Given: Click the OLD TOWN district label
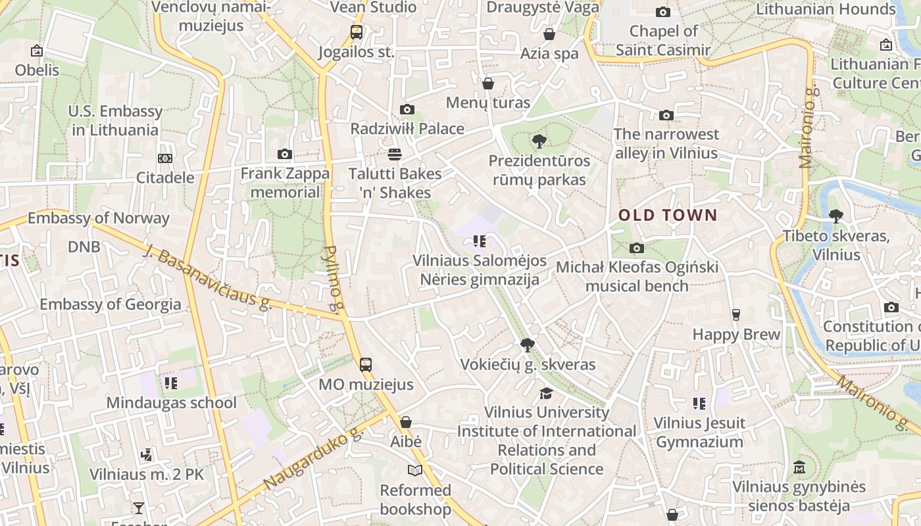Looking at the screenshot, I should click(668, 215).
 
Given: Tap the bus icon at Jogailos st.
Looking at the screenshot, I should click(357, 32).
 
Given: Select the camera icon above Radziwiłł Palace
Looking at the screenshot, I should click(407, 109).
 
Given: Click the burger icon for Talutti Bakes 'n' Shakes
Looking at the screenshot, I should click(395, 155).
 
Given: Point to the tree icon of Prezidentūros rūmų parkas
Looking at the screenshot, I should click(539, 141).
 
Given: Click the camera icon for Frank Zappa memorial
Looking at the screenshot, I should click(285, 154).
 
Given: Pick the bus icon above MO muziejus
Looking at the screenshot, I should click(366, 364).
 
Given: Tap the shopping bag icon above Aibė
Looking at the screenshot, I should click(406, 422).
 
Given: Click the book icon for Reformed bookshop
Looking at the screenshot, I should click(415, 470).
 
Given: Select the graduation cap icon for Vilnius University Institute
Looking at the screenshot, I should click(546, 393).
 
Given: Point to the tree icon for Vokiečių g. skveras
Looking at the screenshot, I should click(527, 345).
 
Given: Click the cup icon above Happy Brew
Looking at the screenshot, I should click(736, 314).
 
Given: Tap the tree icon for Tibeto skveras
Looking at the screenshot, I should click(835, 216).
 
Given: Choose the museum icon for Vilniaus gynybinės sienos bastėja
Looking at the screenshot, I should click(799, 467).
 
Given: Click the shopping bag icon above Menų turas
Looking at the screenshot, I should click(488, 84).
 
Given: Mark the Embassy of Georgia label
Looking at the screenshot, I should click(110, 304).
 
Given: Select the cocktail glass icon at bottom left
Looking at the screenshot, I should click(139, 508).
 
